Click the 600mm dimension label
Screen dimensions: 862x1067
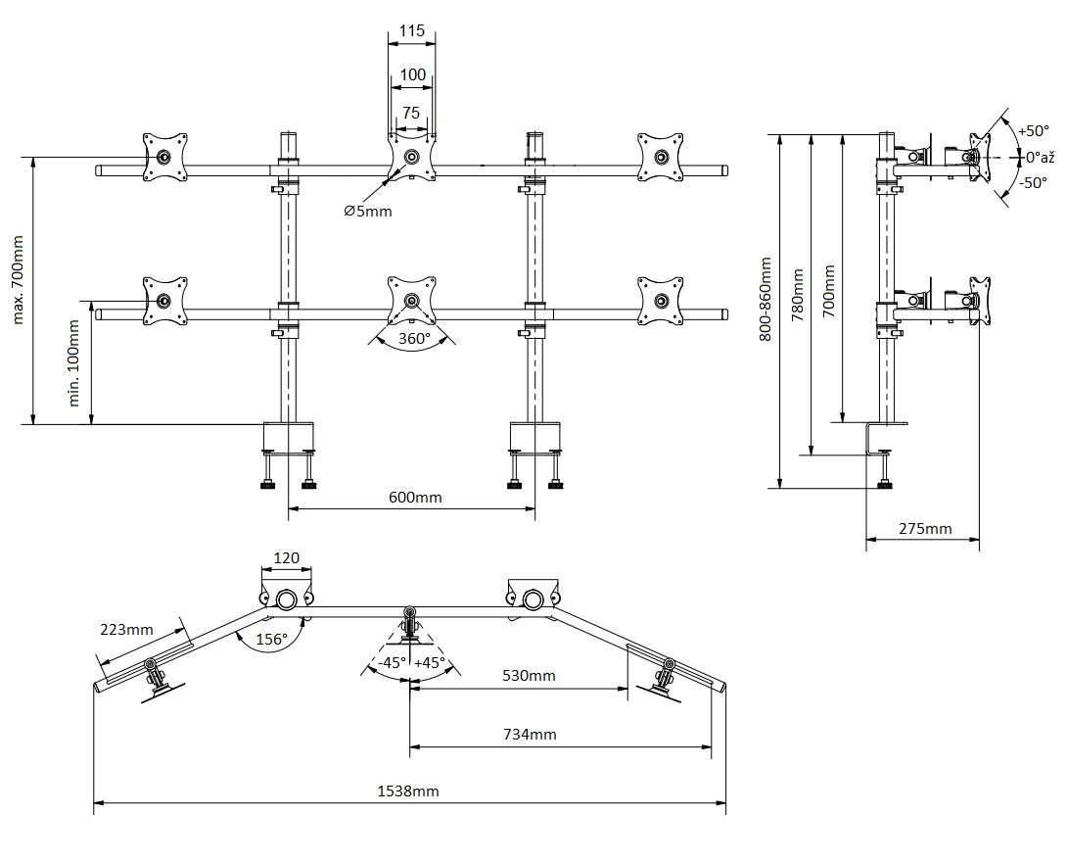415,497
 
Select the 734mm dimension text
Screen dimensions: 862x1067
530,734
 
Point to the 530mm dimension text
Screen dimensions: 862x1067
529,676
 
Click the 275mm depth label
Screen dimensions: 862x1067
925,528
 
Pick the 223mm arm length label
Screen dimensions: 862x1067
126,629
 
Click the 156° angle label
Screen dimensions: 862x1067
271,640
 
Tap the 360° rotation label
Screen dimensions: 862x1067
407,339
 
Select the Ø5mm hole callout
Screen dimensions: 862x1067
367,212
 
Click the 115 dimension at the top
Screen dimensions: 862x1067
412,31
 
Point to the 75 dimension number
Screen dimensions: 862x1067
411,114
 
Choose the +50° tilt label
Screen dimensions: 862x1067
1033,130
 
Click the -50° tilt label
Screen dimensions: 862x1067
1033,182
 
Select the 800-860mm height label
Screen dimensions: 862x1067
765,300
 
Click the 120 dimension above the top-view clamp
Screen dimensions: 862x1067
286,558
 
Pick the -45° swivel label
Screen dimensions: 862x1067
392,662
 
